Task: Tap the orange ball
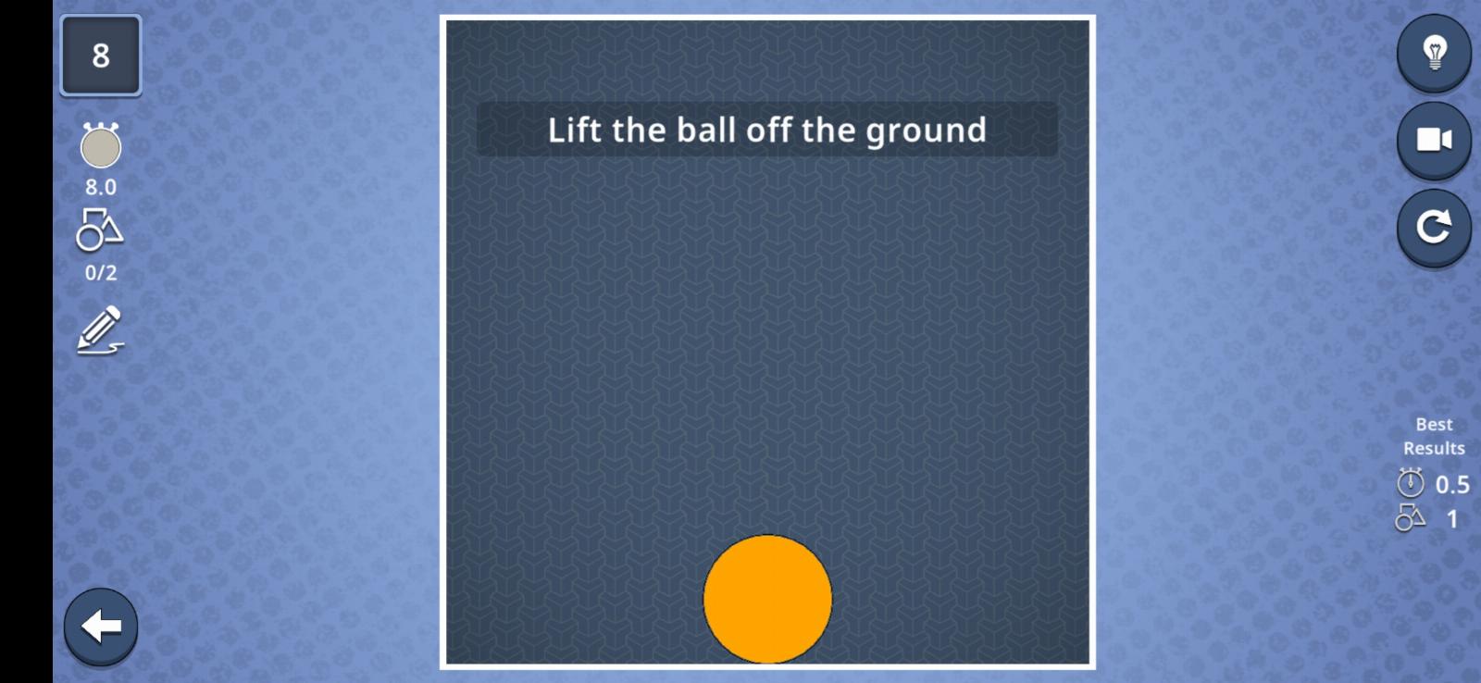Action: pos(767,599)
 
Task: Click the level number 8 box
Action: pos(101,56)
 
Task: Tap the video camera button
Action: pos(1434,140)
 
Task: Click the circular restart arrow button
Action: pos(1434,228)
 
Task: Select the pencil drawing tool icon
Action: pos(101,329)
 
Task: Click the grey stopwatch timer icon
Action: pos(101,144)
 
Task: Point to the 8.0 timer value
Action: pos(101,187)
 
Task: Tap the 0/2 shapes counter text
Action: pos(101,272)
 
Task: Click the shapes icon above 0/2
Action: pos(100,230)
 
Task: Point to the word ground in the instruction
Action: pos(927,130)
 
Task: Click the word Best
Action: pos(1434,424)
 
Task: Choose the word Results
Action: pos(1434,448)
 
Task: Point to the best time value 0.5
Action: pos(1452,485)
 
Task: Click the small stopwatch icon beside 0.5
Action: pos(1411,483)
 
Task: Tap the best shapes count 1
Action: pos(1452,519)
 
